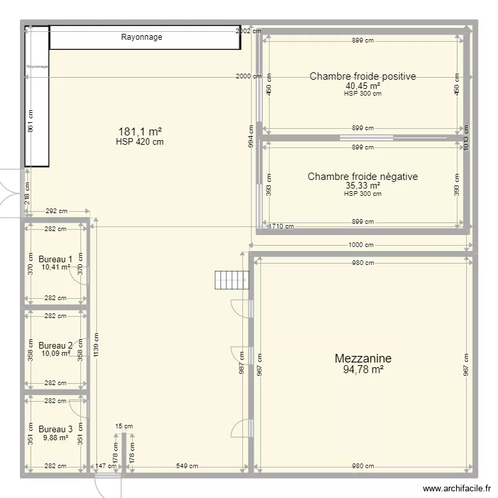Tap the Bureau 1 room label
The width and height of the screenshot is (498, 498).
tap(56, 259)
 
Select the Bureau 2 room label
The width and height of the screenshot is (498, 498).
tap(56, 346)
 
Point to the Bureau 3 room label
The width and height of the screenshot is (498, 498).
tap(56, 430)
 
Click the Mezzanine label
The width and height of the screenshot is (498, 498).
tap(363, 359)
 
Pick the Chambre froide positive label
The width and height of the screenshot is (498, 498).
tap(363, 76)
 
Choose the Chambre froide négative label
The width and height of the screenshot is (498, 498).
tap(363, 177)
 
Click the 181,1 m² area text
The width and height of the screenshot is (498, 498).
tap(140, 131)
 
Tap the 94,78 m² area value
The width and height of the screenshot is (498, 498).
tap(363, 370)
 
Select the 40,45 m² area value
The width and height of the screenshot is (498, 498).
tap(363, 86)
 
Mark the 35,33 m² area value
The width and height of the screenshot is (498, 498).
tap(363, 186)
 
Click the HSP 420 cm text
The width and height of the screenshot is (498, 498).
tap(140, 141)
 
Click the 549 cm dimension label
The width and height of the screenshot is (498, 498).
tap(187, 466)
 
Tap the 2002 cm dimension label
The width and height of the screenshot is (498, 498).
tap(248, 31)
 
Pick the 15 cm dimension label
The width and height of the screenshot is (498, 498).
tap(124, 427)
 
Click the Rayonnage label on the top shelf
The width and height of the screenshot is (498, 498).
tap(141, 37)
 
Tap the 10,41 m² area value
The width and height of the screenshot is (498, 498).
tap(56, 268)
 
